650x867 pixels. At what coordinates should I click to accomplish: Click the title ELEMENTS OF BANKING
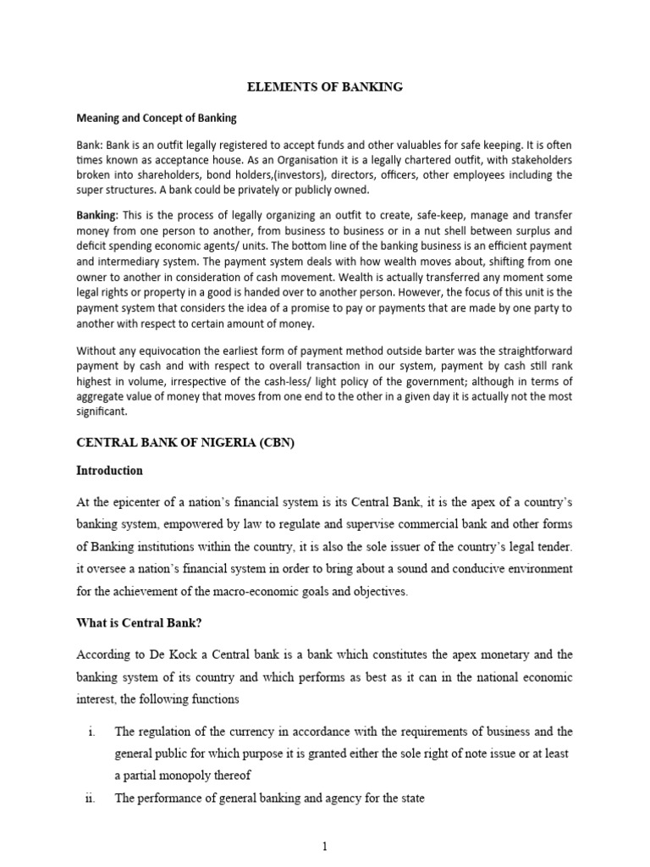[324, 86]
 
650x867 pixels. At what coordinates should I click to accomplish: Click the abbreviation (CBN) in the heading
[278, 442]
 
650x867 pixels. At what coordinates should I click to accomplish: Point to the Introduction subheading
[110, 471]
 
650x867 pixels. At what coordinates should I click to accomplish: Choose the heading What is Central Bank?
[145, 624]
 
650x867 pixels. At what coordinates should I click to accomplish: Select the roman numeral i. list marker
[91, 732]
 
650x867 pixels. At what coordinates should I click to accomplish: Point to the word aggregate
[104, 395]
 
